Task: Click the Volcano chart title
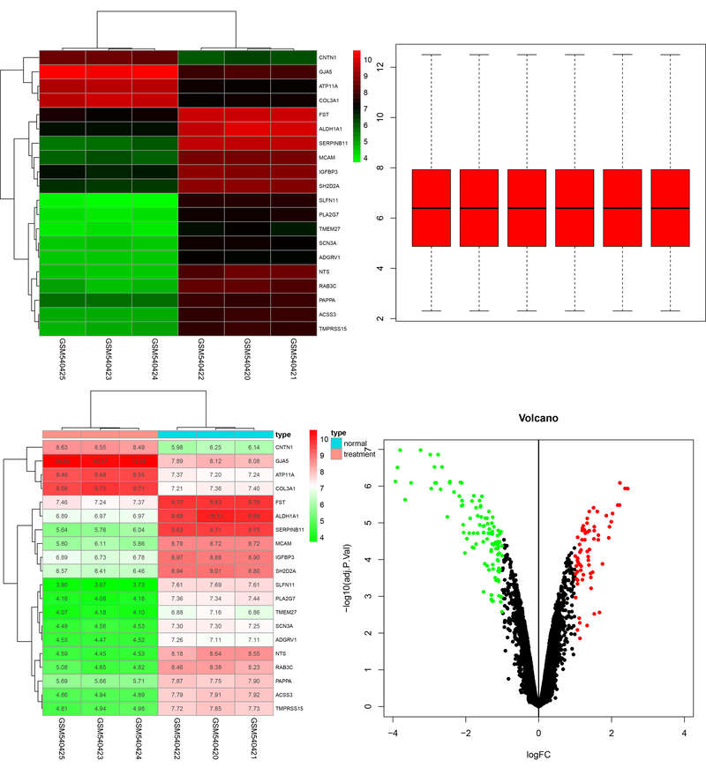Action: (538, 419)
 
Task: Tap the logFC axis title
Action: (538, 756)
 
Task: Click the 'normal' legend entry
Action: (357, 444)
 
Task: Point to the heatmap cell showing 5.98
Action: (177, 447)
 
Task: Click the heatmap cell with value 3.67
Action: (100, 560)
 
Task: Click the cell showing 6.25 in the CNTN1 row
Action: (216, 447)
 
